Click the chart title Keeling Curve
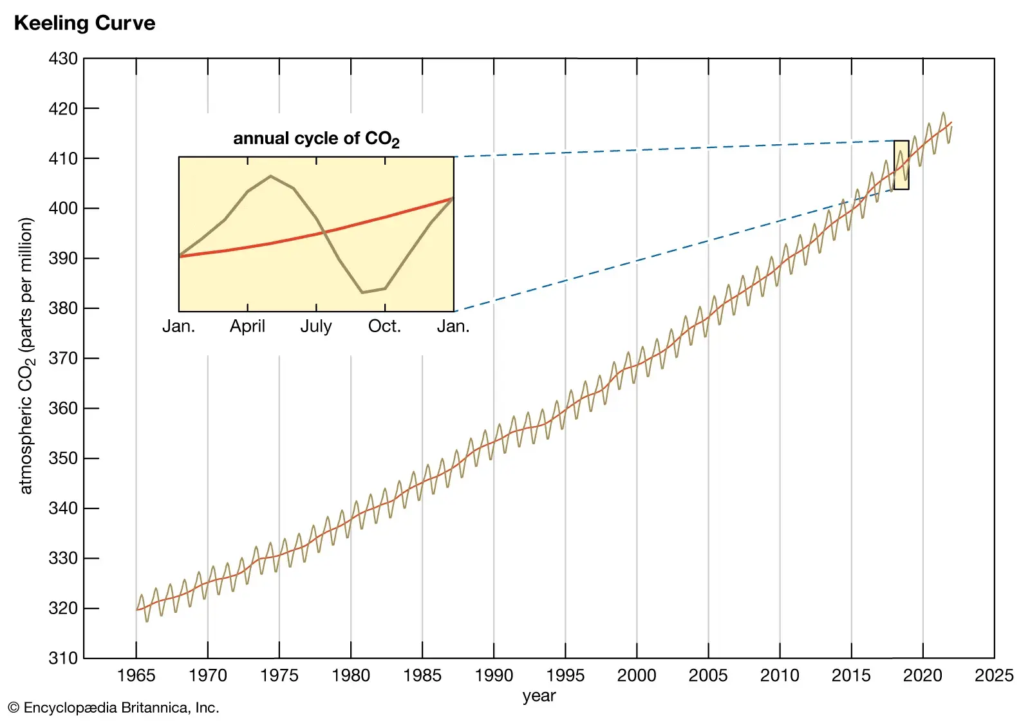pyautogui.click(x=84, y=23)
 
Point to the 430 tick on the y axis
pyautogui.click(x=63, y=59)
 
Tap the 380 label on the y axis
pyautogui.click(x=63, y=308)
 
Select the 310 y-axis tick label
pyautogui.click(x=63, y=658)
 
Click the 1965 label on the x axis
pyautogui.click(x=136, y=675)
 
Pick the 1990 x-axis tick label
pyautogui.click(x=494, y=675)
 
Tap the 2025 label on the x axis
pyautogui.click(x=994, y=675)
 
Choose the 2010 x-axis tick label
pyautogui.click(x=780, y=675)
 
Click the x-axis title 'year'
pyautogui.click(x=539, y=696)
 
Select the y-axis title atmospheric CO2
pyautogui.click(x=26, y=356)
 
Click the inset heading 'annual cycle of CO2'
pyautogui.click(x=316, y=139)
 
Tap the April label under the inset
pyautogui.click(x=247, y=326)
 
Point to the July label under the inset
pyautogui.click(x=316, y=326)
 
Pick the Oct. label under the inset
pyautogui.click(x=384, y=326)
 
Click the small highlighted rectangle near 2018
pyautogui.click(x=901, y=165)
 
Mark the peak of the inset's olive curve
pyautogui.click(x=270, y=176)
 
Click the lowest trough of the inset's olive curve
pyautogui.click(x=362, y=292)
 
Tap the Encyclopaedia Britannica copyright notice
pyautogui.click(x=113, y=707)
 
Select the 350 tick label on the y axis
pyautogui.click(x=63, y=458)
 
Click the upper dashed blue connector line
pyautogui.click(x=676, y=148)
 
